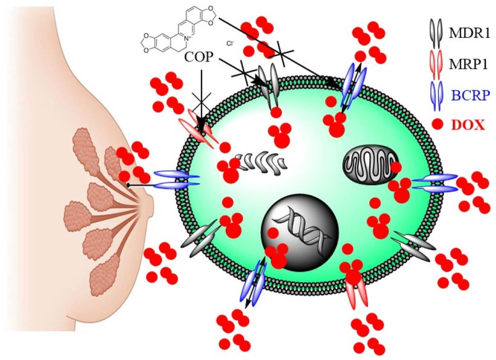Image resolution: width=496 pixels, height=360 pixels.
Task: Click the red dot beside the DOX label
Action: (437, 124)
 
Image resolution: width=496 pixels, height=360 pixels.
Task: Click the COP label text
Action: (198, 57)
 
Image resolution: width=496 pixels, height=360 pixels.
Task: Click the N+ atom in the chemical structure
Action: (186, 37)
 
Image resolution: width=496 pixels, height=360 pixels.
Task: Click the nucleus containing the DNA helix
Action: (300, 232)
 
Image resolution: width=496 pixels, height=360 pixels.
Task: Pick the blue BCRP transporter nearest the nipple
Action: (176, 180)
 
